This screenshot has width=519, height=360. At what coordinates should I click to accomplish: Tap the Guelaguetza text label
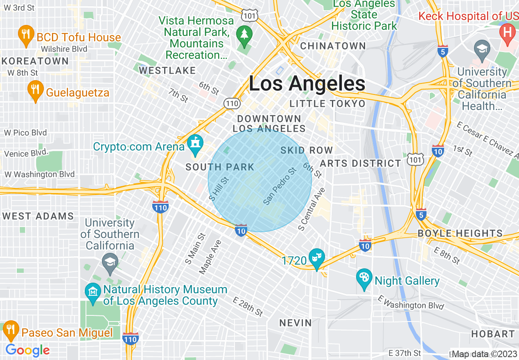[x=77, y=92]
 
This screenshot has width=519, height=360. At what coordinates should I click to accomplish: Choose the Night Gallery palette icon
[x=363, y=279]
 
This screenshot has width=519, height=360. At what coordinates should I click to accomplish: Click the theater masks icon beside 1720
[x=316, y=258]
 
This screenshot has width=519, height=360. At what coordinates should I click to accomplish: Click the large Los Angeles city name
[x=307, y=84]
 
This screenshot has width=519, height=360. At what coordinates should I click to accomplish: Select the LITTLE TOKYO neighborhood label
[x=327, y=104]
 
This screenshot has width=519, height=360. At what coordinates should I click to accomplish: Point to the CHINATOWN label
[x=333, y=46]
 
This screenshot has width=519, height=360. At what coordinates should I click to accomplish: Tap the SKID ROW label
[x=307, y=151]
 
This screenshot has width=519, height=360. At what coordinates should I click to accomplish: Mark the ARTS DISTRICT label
[x=361, y=164]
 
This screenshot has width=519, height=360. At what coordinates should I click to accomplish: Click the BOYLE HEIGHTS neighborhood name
[x=460, y=234]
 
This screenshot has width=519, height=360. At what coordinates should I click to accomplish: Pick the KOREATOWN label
[x=35, y=61]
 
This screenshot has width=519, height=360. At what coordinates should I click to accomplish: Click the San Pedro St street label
[x=280, y=186]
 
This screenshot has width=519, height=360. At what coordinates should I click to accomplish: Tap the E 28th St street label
[x=248, y=307]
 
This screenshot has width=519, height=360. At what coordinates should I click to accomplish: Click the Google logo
[x=27, y=351]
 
